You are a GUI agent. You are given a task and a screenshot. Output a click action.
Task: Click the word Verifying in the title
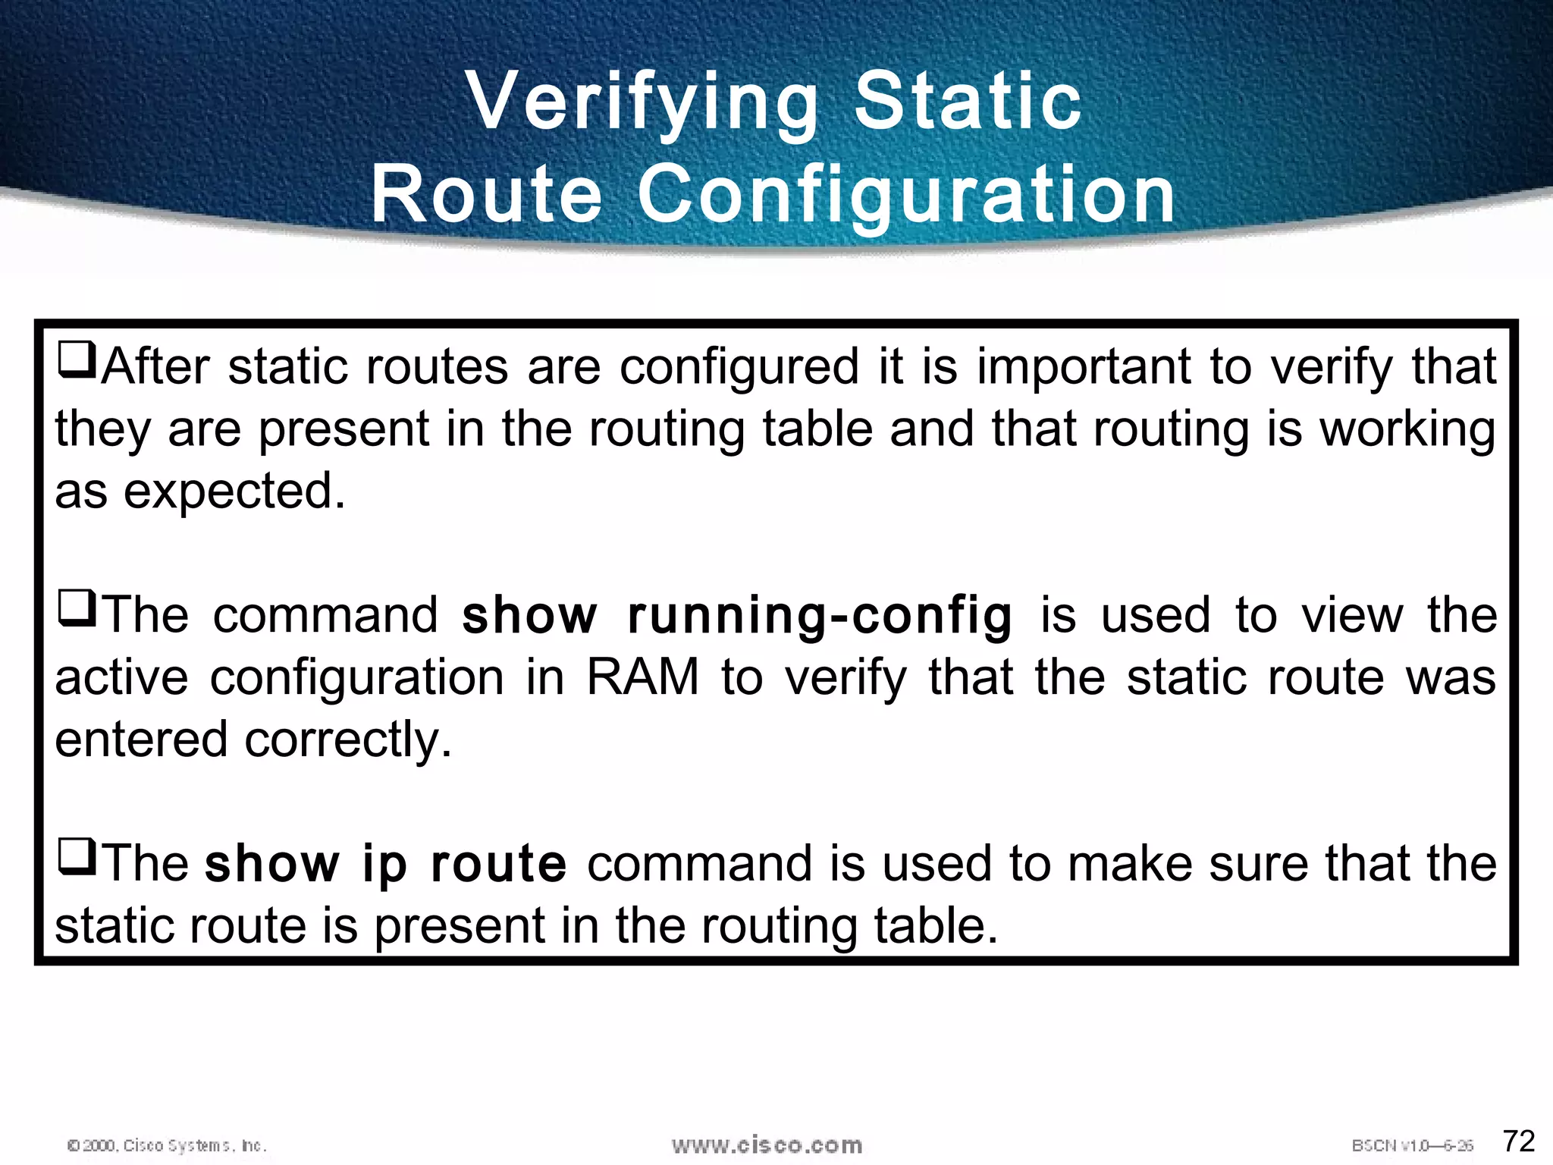pos(643,102)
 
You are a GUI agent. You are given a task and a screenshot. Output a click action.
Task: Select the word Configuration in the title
pos(906,196)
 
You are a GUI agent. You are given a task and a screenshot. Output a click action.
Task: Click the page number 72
pos(1519,1141)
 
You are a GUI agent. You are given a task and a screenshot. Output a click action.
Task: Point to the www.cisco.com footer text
pos(767,1145)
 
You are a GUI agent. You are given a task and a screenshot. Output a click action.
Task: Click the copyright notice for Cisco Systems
pos(167,1145)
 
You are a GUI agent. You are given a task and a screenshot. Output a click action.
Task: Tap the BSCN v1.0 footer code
pos(1412,1145)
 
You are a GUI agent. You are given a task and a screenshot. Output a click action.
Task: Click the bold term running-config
pos(820,616)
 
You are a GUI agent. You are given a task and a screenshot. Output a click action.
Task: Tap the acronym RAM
pos(642,677)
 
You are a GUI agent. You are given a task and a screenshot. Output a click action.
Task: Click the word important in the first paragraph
pos(1083,368)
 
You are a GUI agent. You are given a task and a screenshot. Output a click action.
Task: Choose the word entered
pos(141,740)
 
